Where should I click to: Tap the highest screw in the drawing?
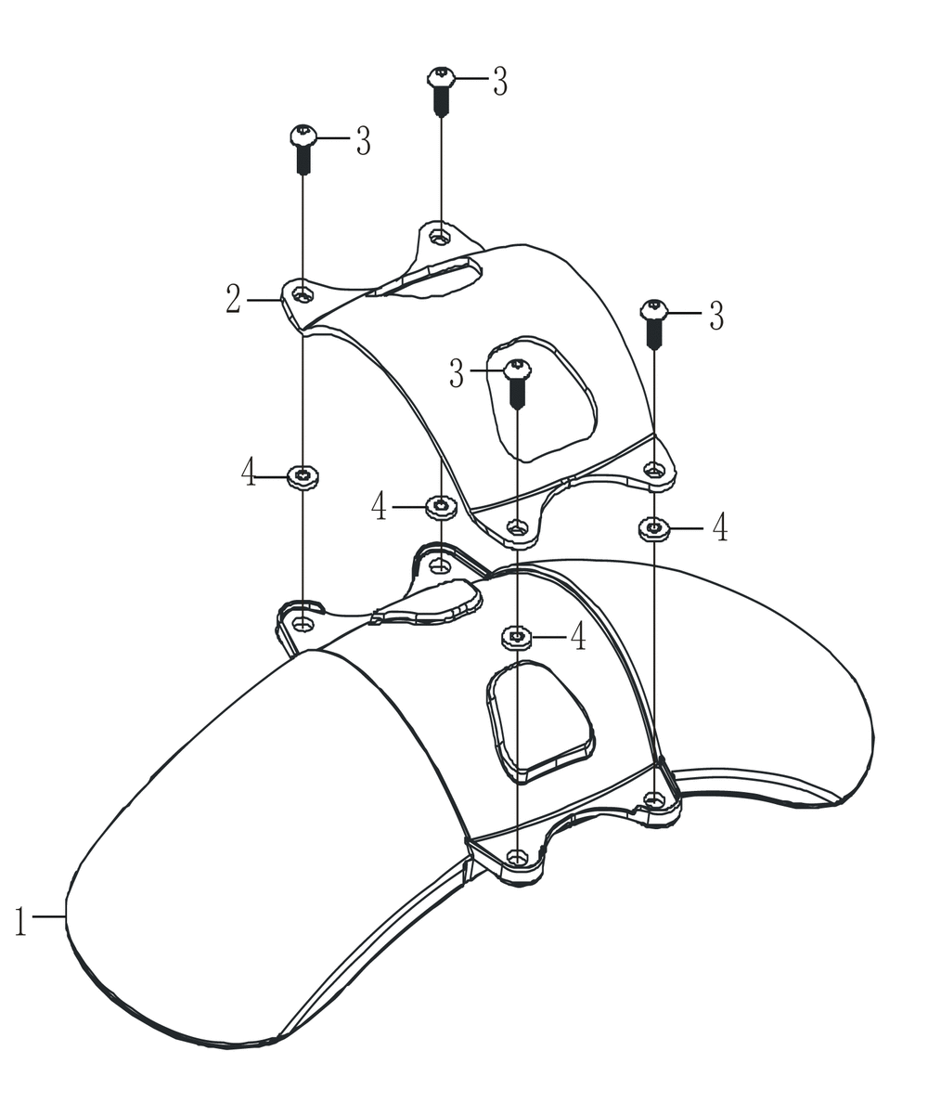(442, 91)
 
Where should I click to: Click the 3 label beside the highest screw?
(500, 82)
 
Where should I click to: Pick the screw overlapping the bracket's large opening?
(516, 383)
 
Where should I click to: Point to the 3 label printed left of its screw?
(457, 373)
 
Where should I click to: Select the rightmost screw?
(654, 324)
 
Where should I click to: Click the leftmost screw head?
(303, 136)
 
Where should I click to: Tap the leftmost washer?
(303, 476)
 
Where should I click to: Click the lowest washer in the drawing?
(517, 638)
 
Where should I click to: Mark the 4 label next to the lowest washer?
(578, 636)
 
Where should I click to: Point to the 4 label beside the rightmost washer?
(719, 527)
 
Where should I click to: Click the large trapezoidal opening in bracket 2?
(542, 398)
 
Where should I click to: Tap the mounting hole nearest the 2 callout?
(303, 293)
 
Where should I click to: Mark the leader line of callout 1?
(49, 916)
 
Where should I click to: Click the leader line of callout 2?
(264, 301)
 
